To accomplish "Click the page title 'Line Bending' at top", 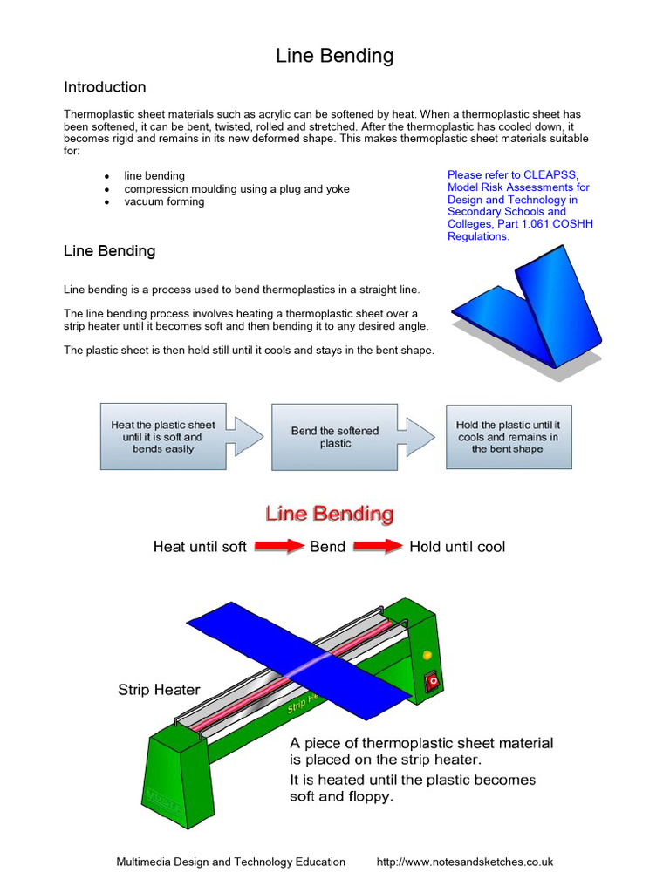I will point(334,57).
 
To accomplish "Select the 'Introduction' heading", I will point(105,87).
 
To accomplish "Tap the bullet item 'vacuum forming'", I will point(164,201).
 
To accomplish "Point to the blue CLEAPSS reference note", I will point(521,206).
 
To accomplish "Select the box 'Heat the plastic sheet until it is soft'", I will point(163,437).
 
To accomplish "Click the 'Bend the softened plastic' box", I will point(335,437).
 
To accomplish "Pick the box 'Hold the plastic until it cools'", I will point(508,437).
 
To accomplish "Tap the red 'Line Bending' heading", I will point(330,514).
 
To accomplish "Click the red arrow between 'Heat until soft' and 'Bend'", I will point(278,547).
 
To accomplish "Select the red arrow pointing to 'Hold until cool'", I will point(377,547).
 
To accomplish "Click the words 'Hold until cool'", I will point(457,547).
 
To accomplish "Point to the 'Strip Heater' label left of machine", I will point(159,690).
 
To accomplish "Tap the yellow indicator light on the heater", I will point(427,654).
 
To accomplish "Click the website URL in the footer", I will point(465,862).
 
